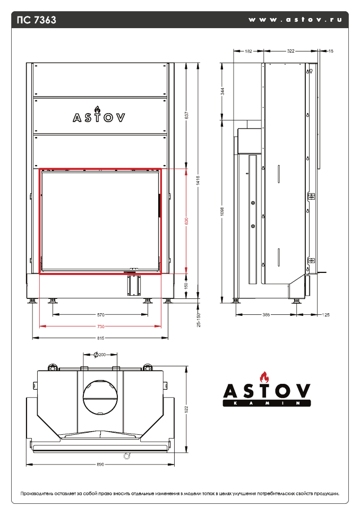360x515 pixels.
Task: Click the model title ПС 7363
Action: (x=37, y=20)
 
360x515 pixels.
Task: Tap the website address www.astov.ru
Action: (x=295, y=20)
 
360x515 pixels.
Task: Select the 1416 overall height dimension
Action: (x=198, y=181)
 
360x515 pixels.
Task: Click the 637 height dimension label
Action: (x=186, y=115)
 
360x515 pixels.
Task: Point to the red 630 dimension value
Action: (x=186, y=221)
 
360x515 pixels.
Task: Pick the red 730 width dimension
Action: (x=101, y=326)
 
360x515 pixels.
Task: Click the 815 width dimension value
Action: (x=100, y=338)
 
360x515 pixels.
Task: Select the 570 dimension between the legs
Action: (x=101, y=315)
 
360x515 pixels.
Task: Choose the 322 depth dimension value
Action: (x=290, y=51)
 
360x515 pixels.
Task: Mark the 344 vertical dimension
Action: (x=222, y=91)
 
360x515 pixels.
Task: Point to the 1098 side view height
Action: (x=222, y=210)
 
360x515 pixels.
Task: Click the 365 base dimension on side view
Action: (x=266, y=315)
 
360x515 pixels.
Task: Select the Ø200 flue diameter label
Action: (x=99, y=354)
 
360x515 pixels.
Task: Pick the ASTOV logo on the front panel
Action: (x=99, y=117)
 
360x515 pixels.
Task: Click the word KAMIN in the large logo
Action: (x=266, y=405)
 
